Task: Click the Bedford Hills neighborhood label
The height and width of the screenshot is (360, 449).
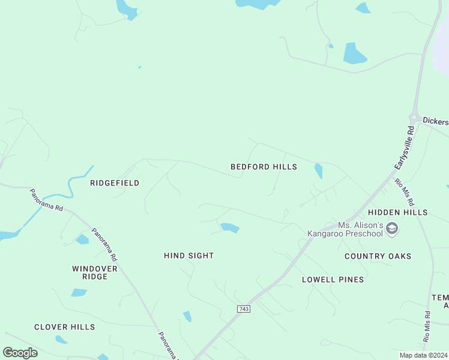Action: point(264,167)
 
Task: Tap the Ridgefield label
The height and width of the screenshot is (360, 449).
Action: point(115,183)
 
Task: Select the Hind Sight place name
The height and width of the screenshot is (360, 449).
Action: point(188,256)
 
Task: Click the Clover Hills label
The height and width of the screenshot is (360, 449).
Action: point(64,327)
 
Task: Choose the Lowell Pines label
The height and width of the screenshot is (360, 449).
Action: point(333,280)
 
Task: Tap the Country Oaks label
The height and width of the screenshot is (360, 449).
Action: point(378,256)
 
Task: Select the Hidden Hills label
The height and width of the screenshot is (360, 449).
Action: point(397,212)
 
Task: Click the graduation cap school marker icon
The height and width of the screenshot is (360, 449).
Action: point(392,228)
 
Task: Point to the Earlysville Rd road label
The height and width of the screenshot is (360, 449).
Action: point(405,147)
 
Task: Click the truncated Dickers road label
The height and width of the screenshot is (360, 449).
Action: point(435,121)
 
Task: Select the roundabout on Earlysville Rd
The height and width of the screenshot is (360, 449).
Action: point(414,116)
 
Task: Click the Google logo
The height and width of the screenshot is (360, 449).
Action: point(20,353)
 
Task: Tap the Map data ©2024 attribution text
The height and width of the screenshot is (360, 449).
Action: point(423,355)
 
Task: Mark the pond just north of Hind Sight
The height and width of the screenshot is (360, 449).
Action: point(229,227)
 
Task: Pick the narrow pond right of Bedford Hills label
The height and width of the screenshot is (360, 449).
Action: point(318,171)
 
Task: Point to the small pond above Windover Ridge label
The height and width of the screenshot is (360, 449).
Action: point(82,240)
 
